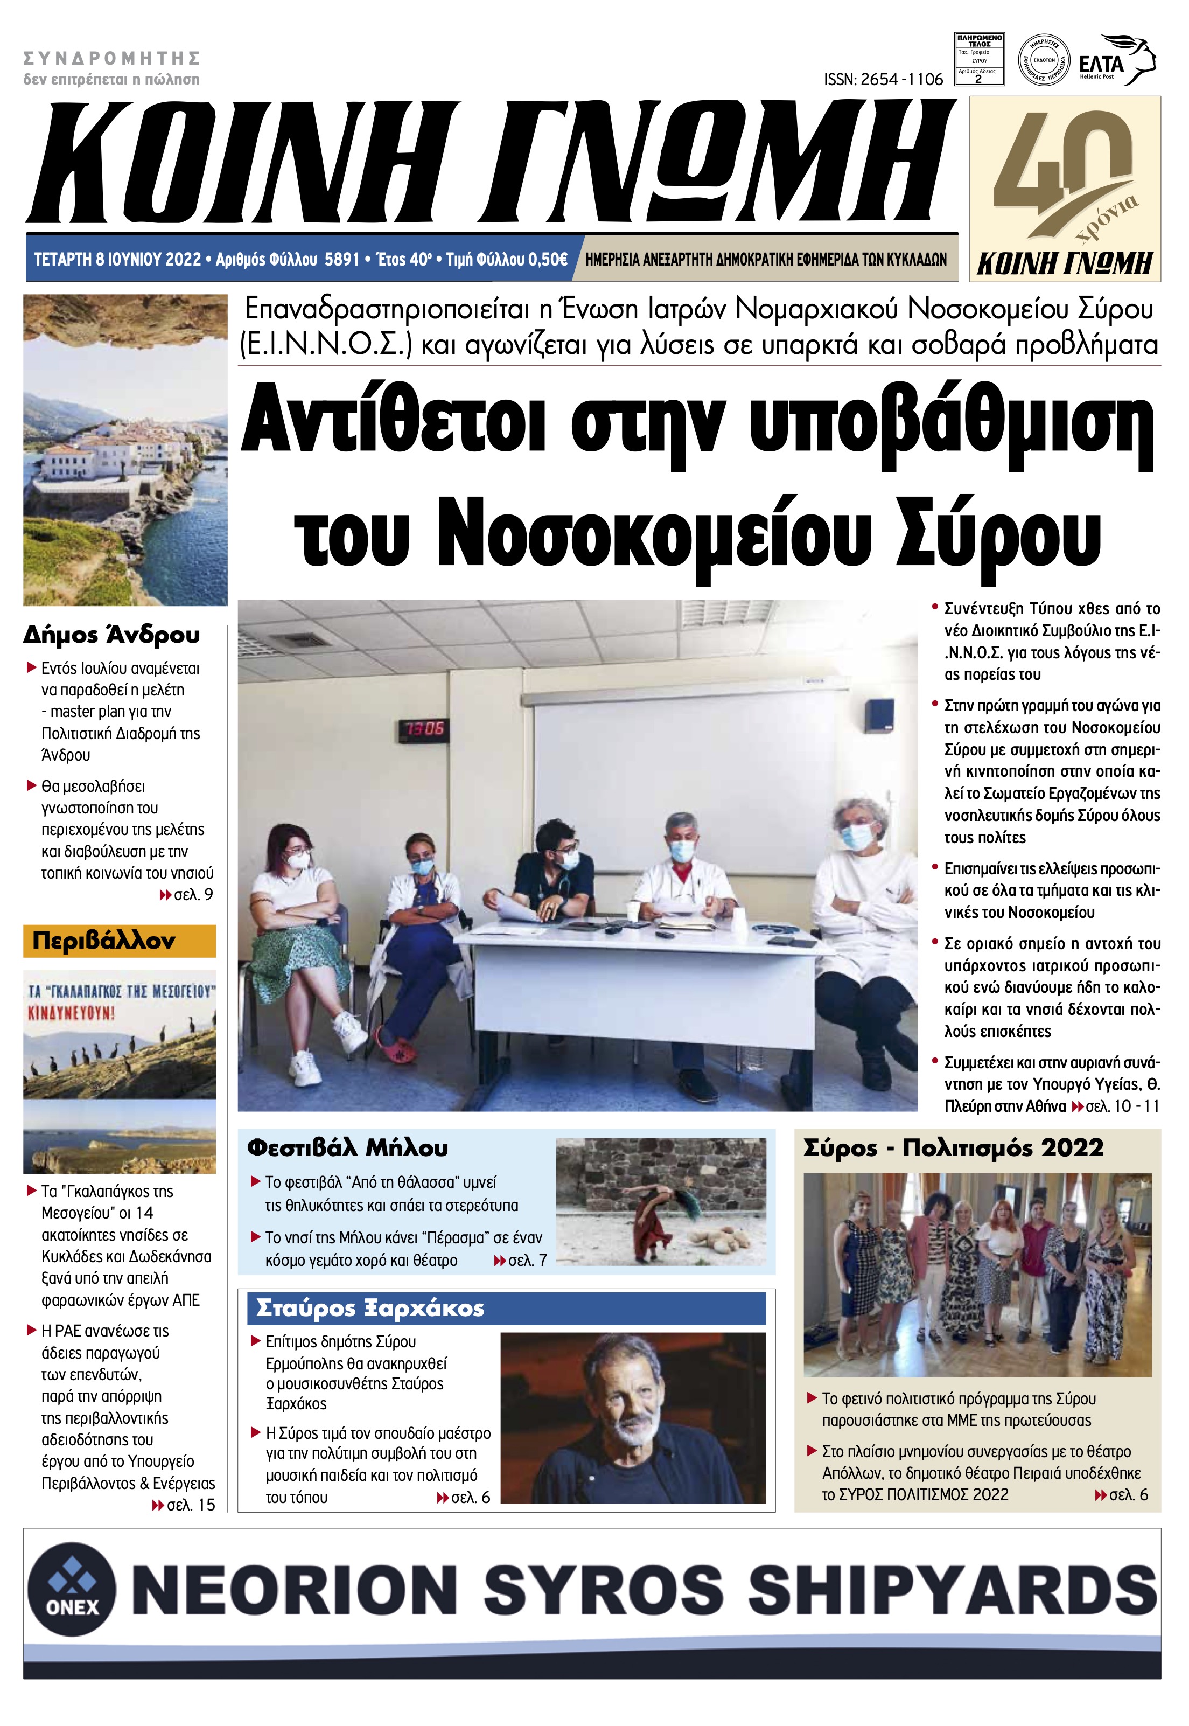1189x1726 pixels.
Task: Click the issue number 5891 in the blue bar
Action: pos(342,259)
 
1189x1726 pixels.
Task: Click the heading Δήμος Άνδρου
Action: pos(112,635)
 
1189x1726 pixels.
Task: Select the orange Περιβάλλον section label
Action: pos(119,941)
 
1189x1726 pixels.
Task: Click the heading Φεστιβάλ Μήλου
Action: pos(347,1147)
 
